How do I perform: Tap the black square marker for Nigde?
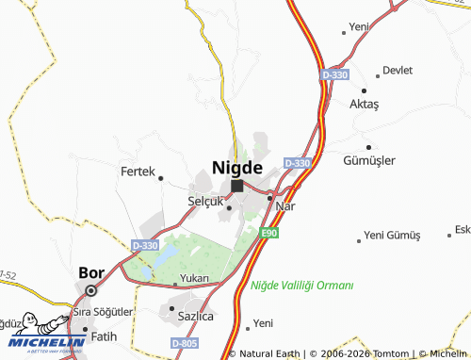click(237, 186)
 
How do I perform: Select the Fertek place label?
click(137, 172)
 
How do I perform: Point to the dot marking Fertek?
click(161, 177)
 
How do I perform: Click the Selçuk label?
click(205, 202)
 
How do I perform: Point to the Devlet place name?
click(398, 70)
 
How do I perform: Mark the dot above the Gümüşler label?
click(368, 147)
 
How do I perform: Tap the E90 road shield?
click(270, 233)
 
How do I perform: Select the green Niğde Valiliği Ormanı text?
click(301, 285)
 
